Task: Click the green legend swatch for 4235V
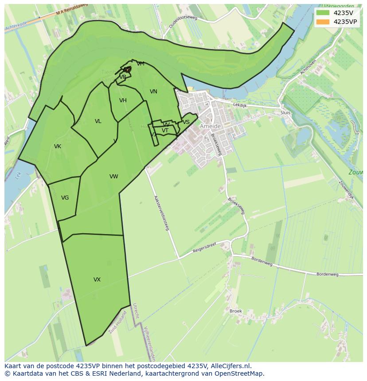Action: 323,13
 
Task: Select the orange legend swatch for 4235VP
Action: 323,22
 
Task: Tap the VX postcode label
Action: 97,280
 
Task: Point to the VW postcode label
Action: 114,177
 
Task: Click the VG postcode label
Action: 65,198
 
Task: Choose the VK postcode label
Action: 58,146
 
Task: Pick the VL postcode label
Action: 98,121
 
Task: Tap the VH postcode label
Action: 123,100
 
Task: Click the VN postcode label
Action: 153,92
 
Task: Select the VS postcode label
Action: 186,122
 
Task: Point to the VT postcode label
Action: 165,131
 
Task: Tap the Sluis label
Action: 285,113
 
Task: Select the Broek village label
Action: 236,311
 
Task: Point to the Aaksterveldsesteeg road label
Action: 162,213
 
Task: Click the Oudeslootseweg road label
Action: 183,19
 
